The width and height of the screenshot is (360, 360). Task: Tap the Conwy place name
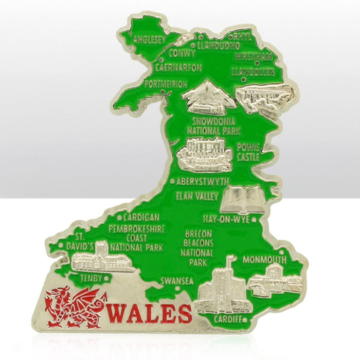point(182,53)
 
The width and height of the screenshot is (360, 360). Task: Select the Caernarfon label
point(178,67)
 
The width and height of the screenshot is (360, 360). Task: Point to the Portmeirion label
point(165,84)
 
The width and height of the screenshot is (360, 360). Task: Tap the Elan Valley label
point(197,196)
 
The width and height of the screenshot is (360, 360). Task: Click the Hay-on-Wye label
point(226,219)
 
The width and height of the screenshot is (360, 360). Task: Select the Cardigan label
point(141,218)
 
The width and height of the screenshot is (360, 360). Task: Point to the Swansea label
point(176,281)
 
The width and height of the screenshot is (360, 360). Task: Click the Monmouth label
point(264,259)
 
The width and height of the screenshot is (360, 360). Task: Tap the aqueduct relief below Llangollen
point(264,96)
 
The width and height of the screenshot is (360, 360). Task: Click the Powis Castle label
point(248,152)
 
